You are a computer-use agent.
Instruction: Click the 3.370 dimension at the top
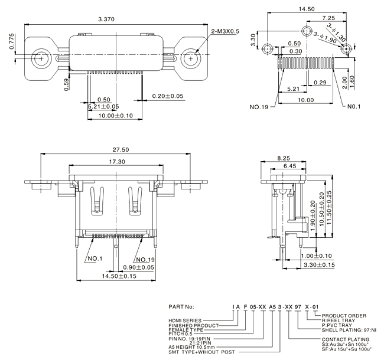106,19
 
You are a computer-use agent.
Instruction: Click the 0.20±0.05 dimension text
168,96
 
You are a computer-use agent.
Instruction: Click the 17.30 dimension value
117,161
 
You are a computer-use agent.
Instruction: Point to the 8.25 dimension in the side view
284,158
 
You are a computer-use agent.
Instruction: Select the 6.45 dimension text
289,167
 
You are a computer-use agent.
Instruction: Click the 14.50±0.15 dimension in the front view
119,276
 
